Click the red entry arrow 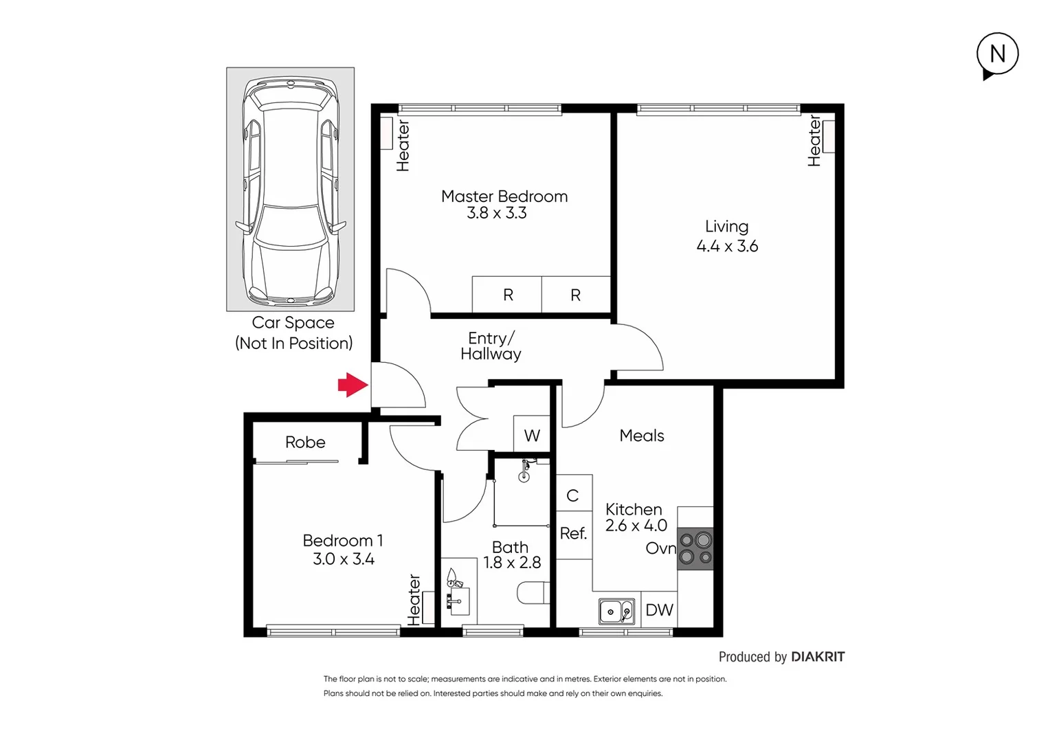(x=353, y=385)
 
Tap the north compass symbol (x=997, y=54)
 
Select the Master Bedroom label (x=504, y=196)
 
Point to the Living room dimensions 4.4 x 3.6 (x=727, y=246)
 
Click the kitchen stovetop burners (x=695, y=549)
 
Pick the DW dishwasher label (x=659, y=610)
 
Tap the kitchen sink (x=616, y=611)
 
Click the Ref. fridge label (x=573, y=533)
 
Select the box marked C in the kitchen (x=573, y=495)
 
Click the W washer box (x=532, y=436)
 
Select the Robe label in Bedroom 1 (x=305, y=442)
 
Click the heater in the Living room (x=828, y=137)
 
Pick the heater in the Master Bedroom (x=387, y=134)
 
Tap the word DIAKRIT (x=818, y=657)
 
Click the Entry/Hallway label (x=491, y=346)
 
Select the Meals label (x=642, y=436)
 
